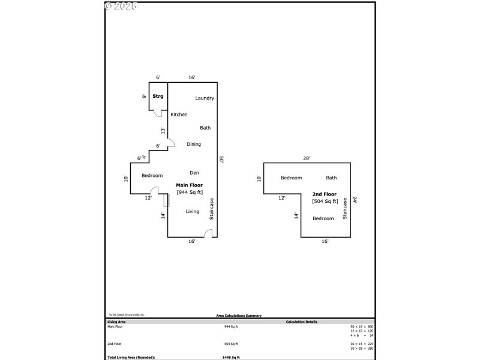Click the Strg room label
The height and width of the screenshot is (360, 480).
point(158,96)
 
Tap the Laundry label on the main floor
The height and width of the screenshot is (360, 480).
point(205,98)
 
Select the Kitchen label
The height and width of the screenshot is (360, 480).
point(179,115)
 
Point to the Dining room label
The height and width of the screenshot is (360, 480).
point(194,144)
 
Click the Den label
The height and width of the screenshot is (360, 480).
point(194,173)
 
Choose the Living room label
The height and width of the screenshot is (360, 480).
point(192,211)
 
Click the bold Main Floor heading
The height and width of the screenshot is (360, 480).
point(189,185)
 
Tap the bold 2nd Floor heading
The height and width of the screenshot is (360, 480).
point(325,194)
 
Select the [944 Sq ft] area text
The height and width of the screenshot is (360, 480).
point(190,192)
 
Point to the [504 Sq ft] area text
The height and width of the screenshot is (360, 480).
point(325,201)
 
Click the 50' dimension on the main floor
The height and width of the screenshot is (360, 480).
point(221,160)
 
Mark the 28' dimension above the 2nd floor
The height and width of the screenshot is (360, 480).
point(307,158)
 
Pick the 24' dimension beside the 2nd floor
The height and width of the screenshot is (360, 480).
point(355,200)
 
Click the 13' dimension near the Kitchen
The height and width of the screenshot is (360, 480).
point(163,130)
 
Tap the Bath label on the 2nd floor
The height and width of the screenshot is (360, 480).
point(331,178)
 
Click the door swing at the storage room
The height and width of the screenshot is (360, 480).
point(157,112)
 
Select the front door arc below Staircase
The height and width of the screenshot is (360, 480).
point(208,233)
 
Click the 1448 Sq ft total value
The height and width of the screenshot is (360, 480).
point(230,357)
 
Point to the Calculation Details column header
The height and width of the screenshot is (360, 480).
point(302,322)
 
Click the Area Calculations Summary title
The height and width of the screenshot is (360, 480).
point(239,316)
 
